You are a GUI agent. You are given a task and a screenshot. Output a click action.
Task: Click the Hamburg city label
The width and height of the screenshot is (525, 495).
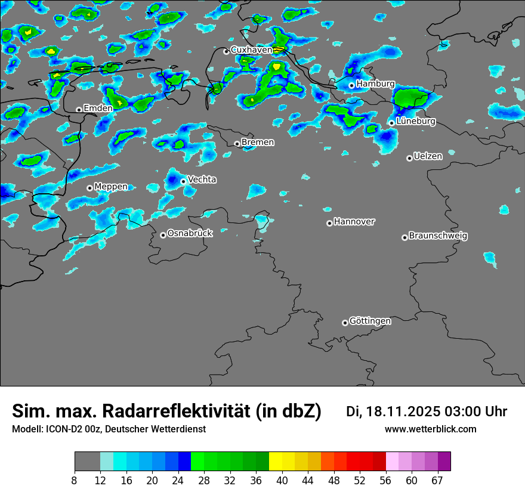[x=375, y=84]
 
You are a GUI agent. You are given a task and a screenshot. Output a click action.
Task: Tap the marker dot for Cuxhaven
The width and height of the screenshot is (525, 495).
[x=226, y=51]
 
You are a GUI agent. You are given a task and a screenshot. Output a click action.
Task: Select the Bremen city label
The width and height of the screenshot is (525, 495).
[x=258, y=143]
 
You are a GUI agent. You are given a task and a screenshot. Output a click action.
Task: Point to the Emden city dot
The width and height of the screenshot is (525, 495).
[x=79, y=110]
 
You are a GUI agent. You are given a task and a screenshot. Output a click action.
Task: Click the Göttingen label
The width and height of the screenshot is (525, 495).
[x=370, y=321]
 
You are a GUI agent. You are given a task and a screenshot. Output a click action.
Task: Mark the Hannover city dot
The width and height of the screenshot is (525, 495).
[x=329, y=223]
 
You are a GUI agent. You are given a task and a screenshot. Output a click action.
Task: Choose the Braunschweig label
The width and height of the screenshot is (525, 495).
[x=438, y=236]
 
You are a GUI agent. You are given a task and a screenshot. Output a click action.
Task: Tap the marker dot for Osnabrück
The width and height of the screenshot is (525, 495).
[x=163, y=235]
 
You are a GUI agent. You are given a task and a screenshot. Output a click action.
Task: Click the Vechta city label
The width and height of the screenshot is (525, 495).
[x=202, y=180]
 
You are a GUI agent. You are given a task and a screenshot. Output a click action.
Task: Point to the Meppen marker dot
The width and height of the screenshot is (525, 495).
[x=89, y=188]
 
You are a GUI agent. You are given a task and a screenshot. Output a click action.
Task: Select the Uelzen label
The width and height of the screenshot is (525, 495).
[x=428, y=157]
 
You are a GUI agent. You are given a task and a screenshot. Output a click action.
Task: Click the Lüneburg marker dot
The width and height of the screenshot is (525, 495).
[x=391, y=123]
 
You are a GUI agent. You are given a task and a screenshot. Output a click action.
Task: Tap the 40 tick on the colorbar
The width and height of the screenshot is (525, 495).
[x=282, y=481]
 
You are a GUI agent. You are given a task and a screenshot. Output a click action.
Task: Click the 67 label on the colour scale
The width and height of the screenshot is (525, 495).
[x=437, y=481]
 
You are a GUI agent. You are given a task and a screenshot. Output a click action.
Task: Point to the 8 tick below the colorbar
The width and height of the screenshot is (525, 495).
[x=75, y=481]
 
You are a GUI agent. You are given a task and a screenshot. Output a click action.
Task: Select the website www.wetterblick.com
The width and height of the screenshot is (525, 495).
[x=430, y=429]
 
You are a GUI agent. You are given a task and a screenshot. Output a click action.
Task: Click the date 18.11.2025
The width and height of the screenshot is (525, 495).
[x=403, y=412]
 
